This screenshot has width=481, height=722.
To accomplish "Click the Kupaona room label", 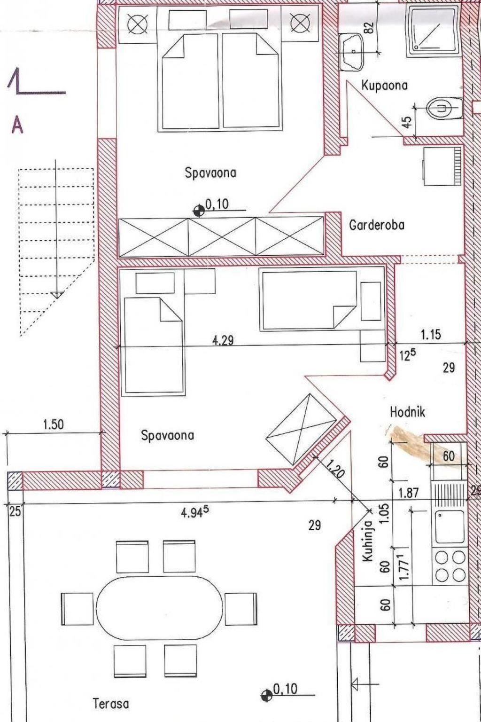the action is point(384,86).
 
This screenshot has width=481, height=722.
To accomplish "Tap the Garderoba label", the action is point(377,225).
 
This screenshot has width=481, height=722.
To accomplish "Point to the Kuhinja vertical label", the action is point(367,542).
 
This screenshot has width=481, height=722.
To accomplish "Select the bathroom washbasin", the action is point(352,52).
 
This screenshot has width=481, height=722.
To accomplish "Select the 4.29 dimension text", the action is point(223,340).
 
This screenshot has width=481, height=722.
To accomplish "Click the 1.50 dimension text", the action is point(54,425).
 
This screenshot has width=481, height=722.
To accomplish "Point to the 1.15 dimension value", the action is point(431,335).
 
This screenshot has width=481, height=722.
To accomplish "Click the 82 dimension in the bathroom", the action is point(370,27).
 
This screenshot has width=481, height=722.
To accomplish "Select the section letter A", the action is point(17,125).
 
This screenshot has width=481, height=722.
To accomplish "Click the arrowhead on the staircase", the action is point(56,295).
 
